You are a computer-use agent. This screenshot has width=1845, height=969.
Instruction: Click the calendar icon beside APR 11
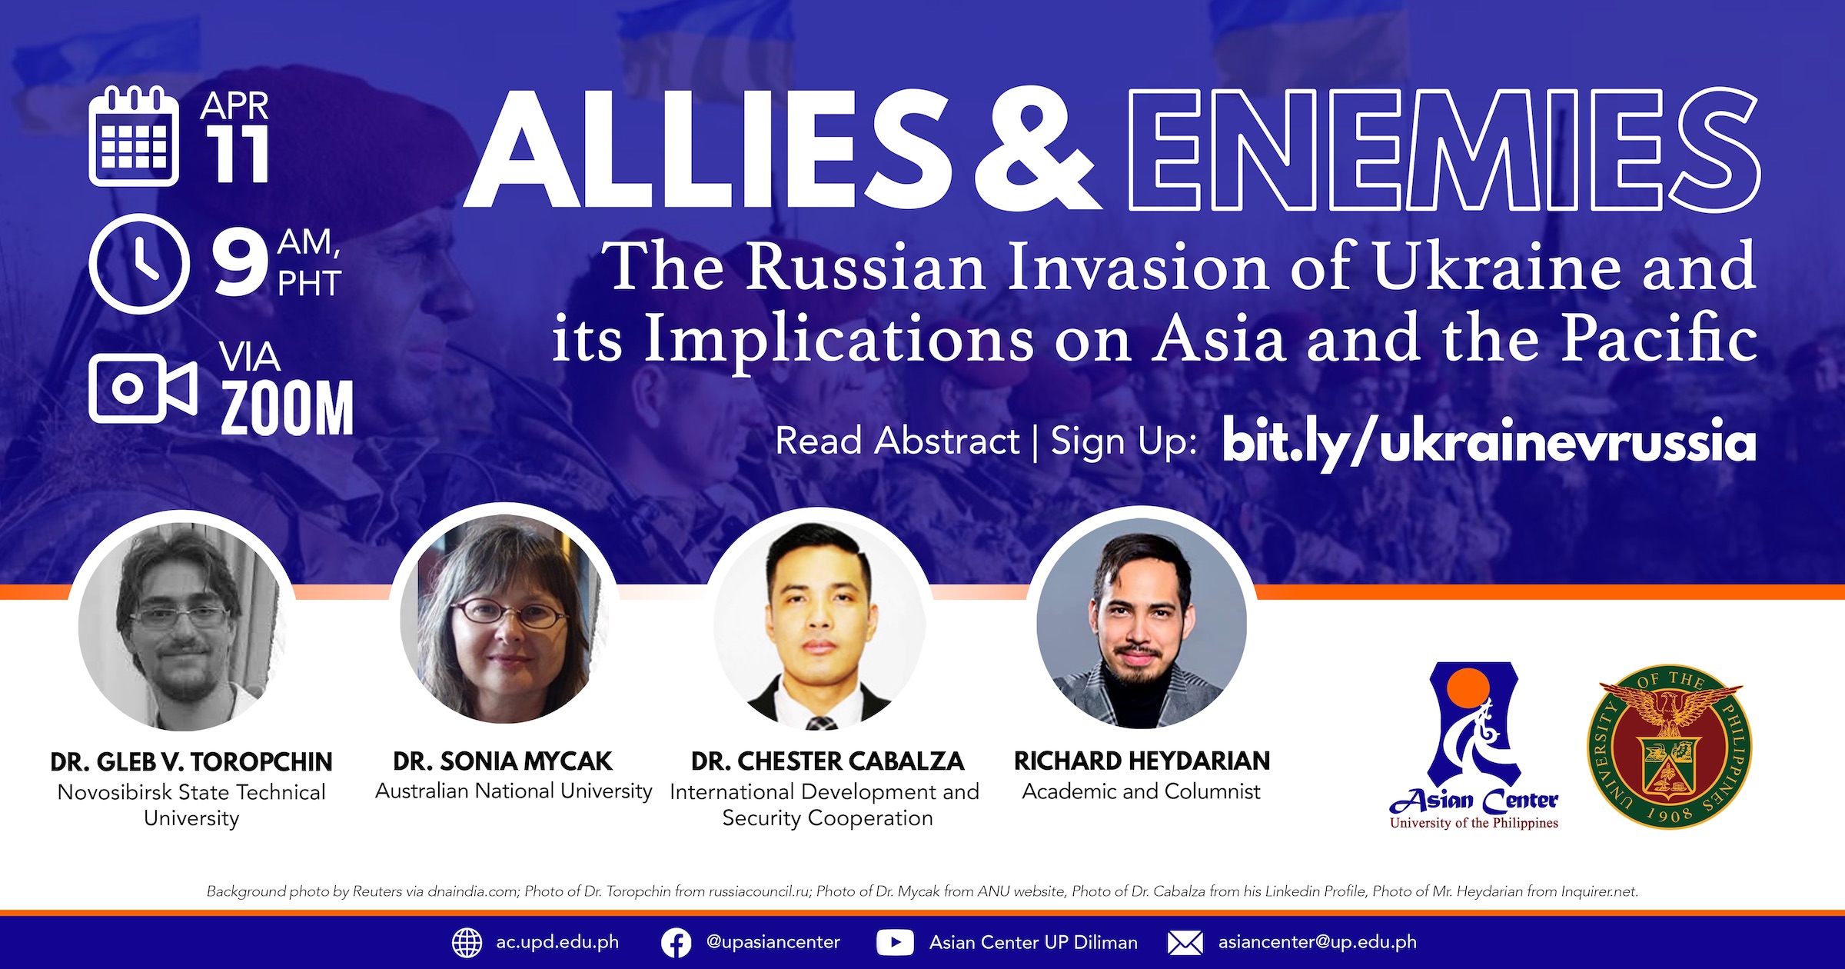(134, 137)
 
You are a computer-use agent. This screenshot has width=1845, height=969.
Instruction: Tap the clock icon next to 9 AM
(139, 264)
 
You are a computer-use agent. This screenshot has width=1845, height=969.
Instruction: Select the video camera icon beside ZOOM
(143, 388)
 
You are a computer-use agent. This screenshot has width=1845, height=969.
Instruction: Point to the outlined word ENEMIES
(1444, 150)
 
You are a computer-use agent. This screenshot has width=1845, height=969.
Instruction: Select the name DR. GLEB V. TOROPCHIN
(191, 761)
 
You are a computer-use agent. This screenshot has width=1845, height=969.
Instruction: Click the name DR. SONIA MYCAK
(503, 761)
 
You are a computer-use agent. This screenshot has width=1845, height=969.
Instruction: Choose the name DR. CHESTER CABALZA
(827, 761)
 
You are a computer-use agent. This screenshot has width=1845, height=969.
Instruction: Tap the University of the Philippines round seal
(1669, 746)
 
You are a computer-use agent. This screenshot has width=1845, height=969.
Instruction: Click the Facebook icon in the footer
(676, 943)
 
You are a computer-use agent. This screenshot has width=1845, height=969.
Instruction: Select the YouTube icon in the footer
(895, 943)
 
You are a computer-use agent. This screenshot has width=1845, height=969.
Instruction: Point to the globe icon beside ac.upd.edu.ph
(467, 943)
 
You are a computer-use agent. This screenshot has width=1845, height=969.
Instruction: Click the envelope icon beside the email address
(1185, 943)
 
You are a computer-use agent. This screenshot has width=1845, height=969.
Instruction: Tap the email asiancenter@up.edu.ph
(1317, 942)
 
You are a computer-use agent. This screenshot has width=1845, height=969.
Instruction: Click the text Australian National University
(514, 791)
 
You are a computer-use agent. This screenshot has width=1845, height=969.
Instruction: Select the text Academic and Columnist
(1142, 791)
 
